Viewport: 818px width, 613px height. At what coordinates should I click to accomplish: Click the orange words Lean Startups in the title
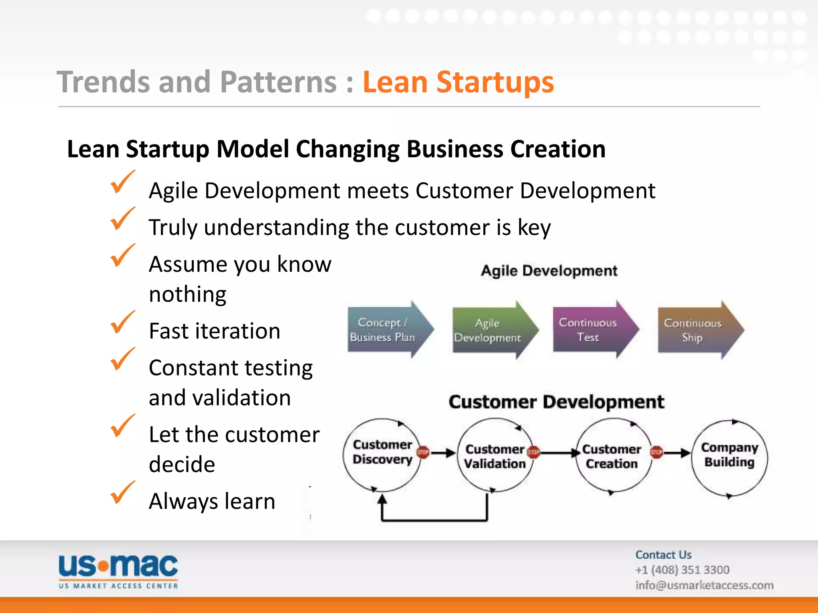458,82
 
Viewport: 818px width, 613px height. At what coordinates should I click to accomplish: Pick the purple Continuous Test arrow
591,330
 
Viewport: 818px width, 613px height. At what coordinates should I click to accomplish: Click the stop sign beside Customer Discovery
423,452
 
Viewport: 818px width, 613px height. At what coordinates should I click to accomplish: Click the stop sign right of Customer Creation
656,452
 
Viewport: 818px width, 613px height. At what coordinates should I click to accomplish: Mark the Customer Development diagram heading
556,402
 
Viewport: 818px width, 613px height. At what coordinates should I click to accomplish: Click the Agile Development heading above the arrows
549,271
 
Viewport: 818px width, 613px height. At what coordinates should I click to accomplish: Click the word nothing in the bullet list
187,295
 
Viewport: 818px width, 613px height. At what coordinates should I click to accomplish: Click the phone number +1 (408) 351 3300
682,570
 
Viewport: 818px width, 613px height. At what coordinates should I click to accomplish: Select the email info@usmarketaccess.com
704,585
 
